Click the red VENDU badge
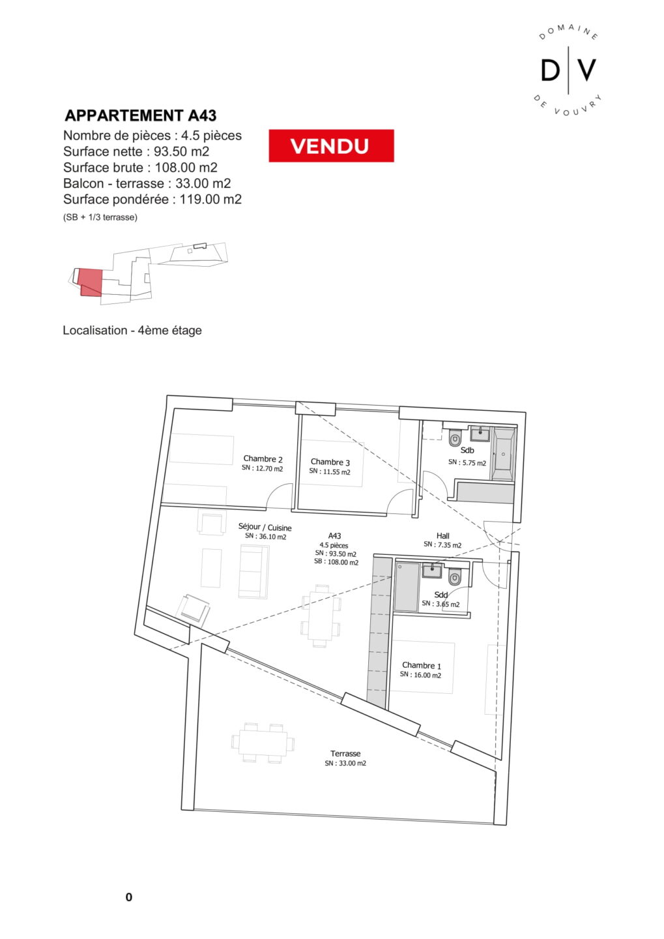[331, 145]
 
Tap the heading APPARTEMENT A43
[141, 115]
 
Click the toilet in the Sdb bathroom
[455, 437]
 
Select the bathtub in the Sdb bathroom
[502, 454]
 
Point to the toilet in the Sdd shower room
[455, 576]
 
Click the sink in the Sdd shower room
[431, 571]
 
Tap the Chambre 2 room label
[263, 458]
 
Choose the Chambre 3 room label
[330, 462]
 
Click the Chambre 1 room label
[422, 665]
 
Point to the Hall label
[443, 536]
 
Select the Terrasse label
[345, 753]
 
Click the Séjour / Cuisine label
[265, 527]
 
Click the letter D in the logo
[550, 70]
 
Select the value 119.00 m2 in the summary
[210, 199]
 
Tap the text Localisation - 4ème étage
[132, 331]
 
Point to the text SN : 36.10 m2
[266, 537]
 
